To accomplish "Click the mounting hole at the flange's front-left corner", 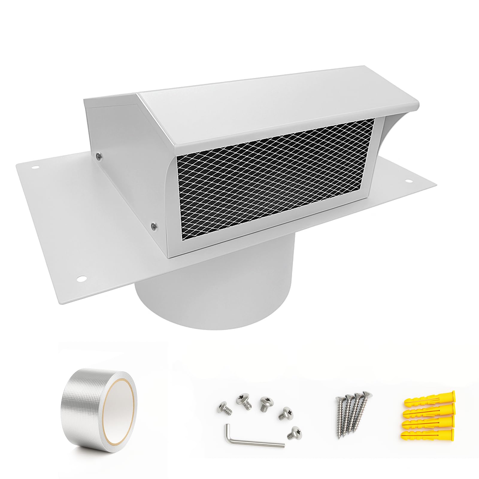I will tap(81, 279).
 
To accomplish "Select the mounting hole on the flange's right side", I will tap(408, 181).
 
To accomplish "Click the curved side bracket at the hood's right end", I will tap(392, 132).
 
